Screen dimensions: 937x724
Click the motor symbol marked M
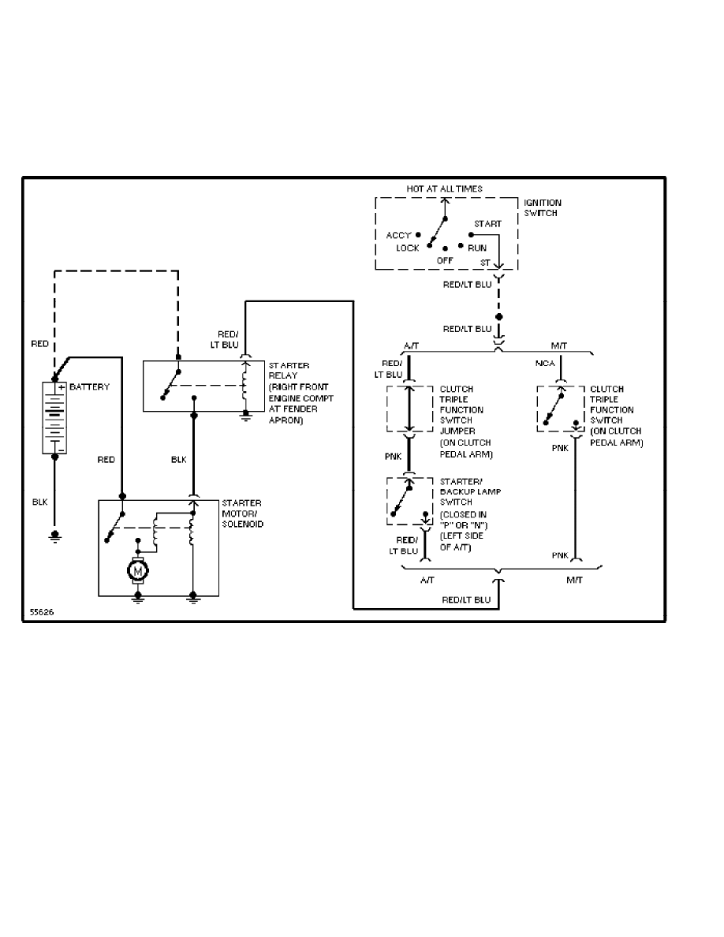(137, 568)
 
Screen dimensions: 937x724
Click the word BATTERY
(89, 387)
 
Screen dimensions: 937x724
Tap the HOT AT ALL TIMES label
(444, 189)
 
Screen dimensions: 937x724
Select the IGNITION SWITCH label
(543, 207)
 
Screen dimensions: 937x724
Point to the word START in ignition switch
(487, 224)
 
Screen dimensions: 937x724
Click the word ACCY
(398, 235)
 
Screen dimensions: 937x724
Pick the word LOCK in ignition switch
(408, 248)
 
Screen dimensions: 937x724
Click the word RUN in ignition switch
(476, 248)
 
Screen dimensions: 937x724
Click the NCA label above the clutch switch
(544, 364)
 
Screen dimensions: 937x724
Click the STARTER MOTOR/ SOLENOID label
(242, 513)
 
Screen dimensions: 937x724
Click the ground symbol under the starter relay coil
(245, 416)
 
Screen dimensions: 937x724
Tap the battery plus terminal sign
(60, 387)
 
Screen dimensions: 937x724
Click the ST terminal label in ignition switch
(484, 262)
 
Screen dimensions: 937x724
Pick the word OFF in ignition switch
(445, 260)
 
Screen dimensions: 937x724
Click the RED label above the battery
(39, 344)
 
